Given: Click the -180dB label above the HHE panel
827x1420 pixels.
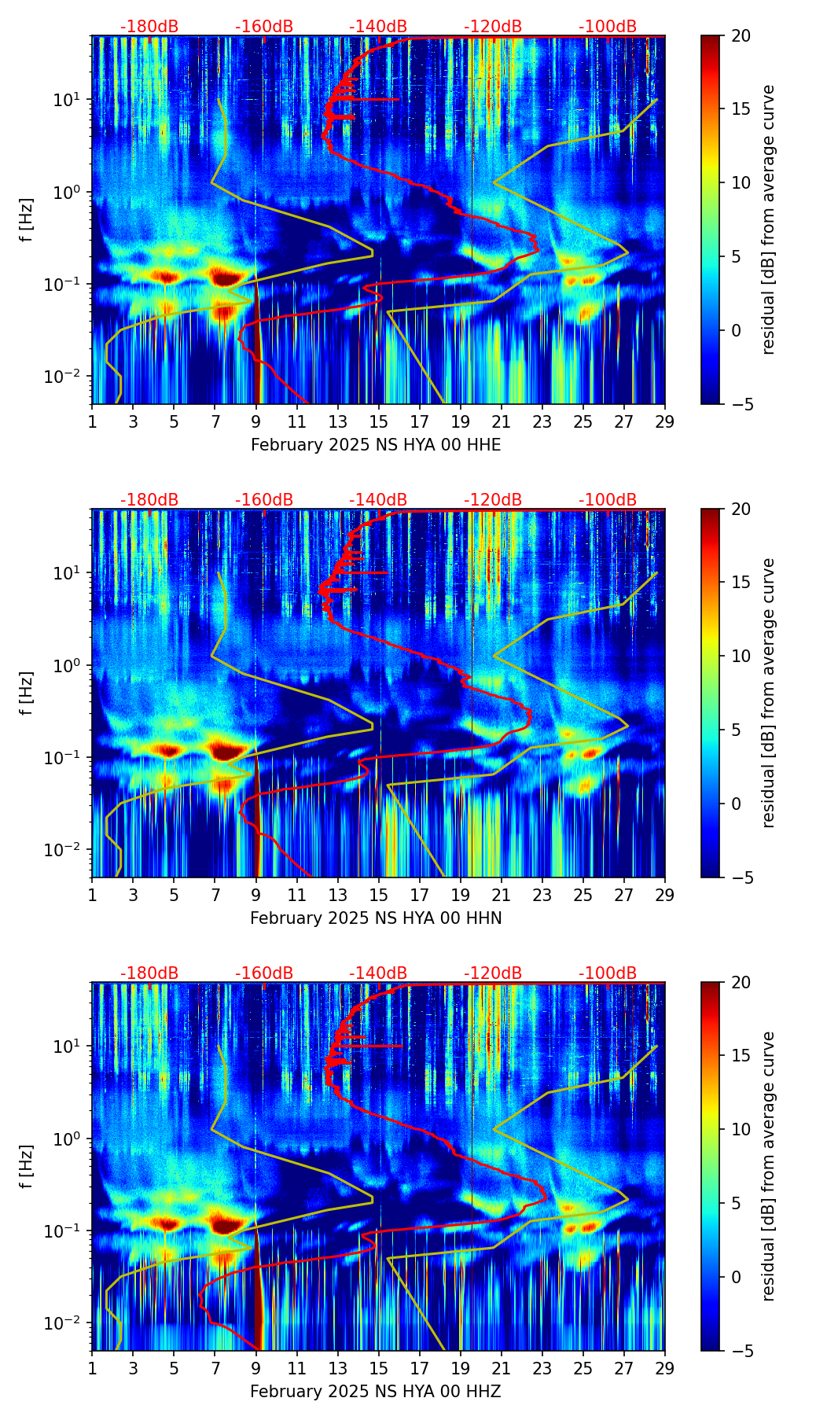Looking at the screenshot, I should tap(149, 27).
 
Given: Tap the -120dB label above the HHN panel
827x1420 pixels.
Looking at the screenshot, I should tap(493, 500).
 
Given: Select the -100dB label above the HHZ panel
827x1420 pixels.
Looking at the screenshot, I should tap(608, 973).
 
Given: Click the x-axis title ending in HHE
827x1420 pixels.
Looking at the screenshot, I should tap(376, 445).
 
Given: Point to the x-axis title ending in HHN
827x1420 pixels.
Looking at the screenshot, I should tap(376, 918).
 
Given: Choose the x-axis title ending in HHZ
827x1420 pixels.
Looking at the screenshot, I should tap(376, 1392).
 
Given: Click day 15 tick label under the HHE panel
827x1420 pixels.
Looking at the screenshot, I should tap(378, 421).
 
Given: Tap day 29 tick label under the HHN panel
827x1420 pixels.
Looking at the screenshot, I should tap(665, 895).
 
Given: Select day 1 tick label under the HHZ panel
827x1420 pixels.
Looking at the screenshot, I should tap(93, 1368).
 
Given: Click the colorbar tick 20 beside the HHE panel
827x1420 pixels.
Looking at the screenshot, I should tap(741, 36).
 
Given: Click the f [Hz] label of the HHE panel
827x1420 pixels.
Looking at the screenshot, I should tap(27, 220).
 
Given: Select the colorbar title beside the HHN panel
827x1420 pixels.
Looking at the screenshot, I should tap(769, 693).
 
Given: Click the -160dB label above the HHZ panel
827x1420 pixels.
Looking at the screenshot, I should tap(264, 973).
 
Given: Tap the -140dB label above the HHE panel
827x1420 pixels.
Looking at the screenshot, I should tap(378, 27).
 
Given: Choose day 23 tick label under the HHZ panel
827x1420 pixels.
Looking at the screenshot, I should tap(542, 1368).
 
